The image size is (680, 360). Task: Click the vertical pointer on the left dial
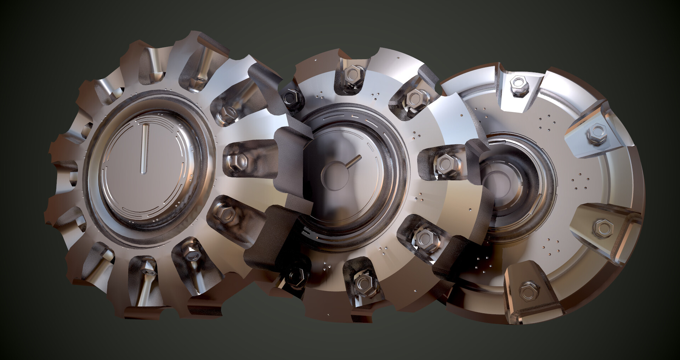tap(144, 149)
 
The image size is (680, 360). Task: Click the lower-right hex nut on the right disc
tap(602, 227)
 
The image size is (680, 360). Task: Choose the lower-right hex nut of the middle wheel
tap(424, 237)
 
